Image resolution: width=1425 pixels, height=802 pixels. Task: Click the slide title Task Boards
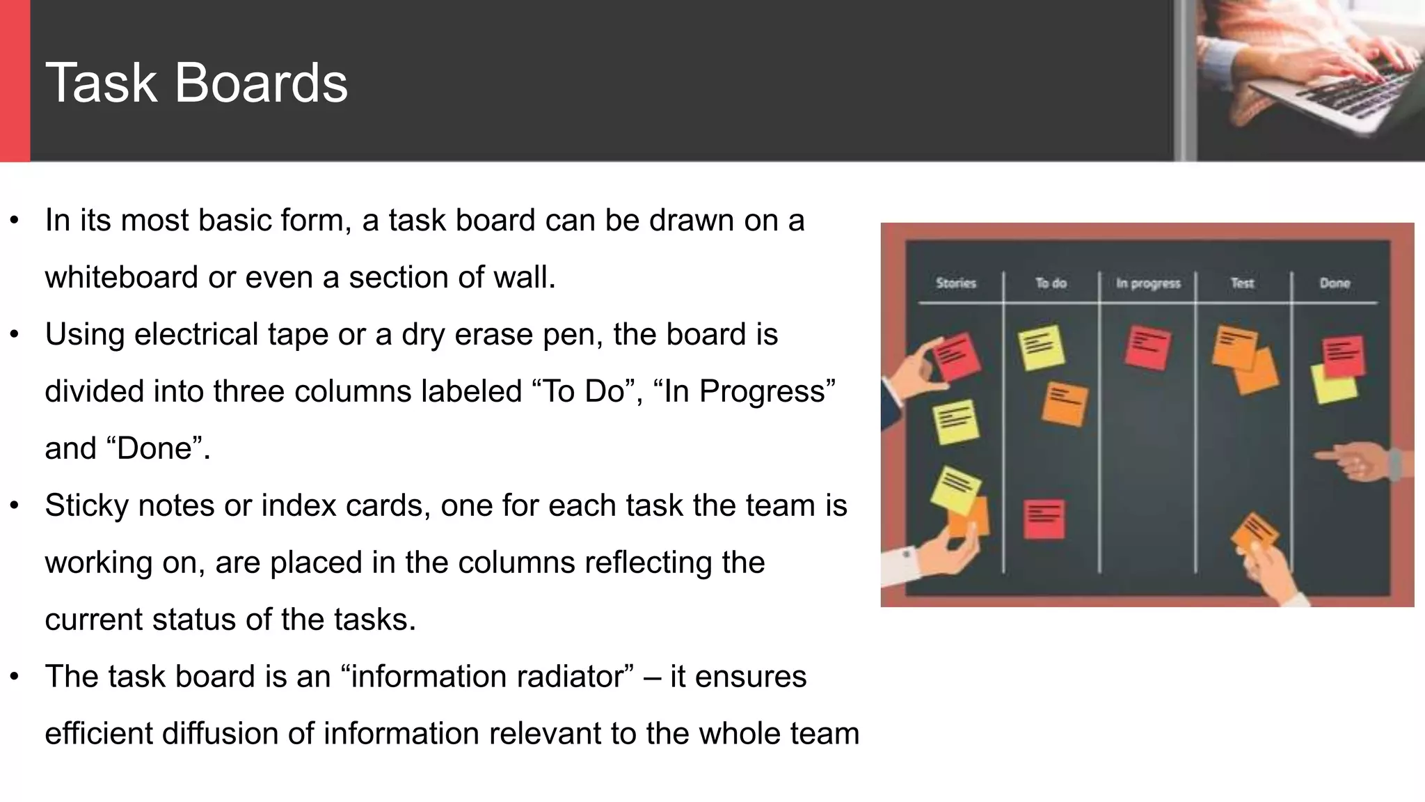[196, 83]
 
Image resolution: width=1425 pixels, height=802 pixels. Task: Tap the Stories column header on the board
[955, 283]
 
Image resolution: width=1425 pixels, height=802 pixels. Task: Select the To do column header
[1051, 283]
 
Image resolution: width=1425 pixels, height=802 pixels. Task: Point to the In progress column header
[1148, 283]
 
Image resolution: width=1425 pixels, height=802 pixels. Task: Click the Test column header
[1242, 283]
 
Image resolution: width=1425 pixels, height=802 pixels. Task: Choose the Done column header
[1335, 283]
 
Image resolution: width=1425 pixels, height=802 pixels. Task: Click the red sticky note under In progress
[1147, 347]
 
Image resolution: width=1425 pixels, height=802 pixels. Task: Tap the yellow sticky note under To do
[1041, 347]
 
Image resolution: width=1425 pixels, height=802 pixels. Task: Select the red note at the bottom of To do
[1044, 519]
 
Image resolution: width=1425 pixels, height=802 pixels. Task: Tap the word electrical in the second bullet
[196, 335]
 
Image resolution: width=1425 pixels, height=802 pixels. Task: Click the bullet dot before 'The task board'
[15, 677]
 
